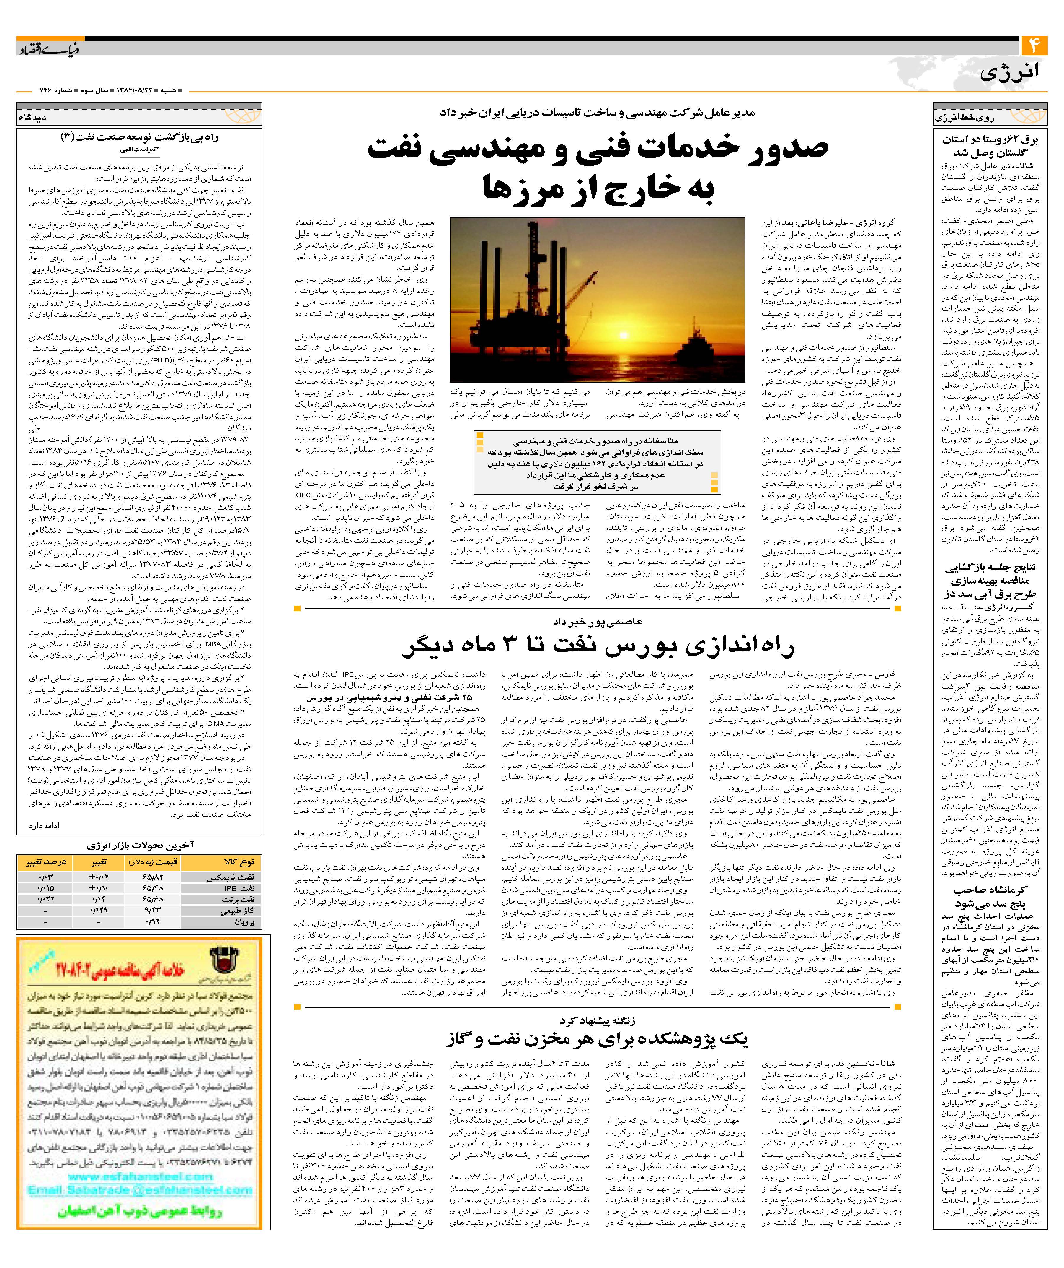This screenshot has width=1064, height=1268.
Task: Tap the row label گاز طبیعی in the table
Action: pyautogui.click(x=240, y=911)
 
